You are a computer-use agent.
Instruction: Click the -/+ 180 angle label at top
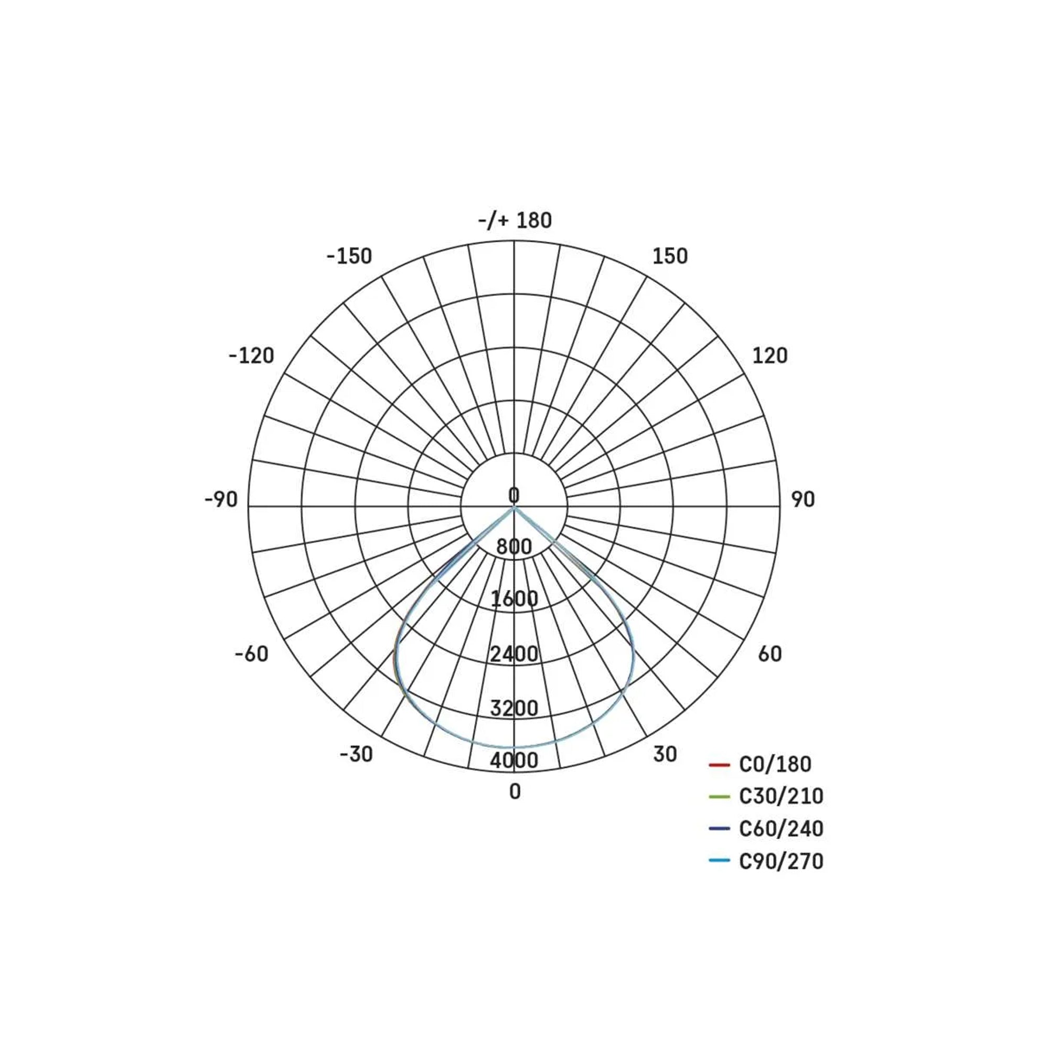515,220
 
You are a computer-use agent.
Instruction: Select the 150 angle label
670,256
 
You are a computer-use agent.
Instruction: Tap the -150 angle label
349,256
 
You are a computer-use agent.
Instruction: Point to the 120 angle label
769,356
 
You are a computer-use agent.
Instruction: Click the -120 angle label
251,356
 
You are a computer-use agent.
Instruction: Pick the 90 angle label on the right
803,499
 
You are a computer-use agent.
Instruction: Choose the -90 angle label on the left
221,499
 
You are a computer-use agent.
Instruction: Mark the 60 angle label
770,654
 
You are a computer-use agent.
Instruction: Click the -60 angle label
251,654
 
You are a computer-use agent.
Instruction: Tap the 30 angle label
665,754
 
